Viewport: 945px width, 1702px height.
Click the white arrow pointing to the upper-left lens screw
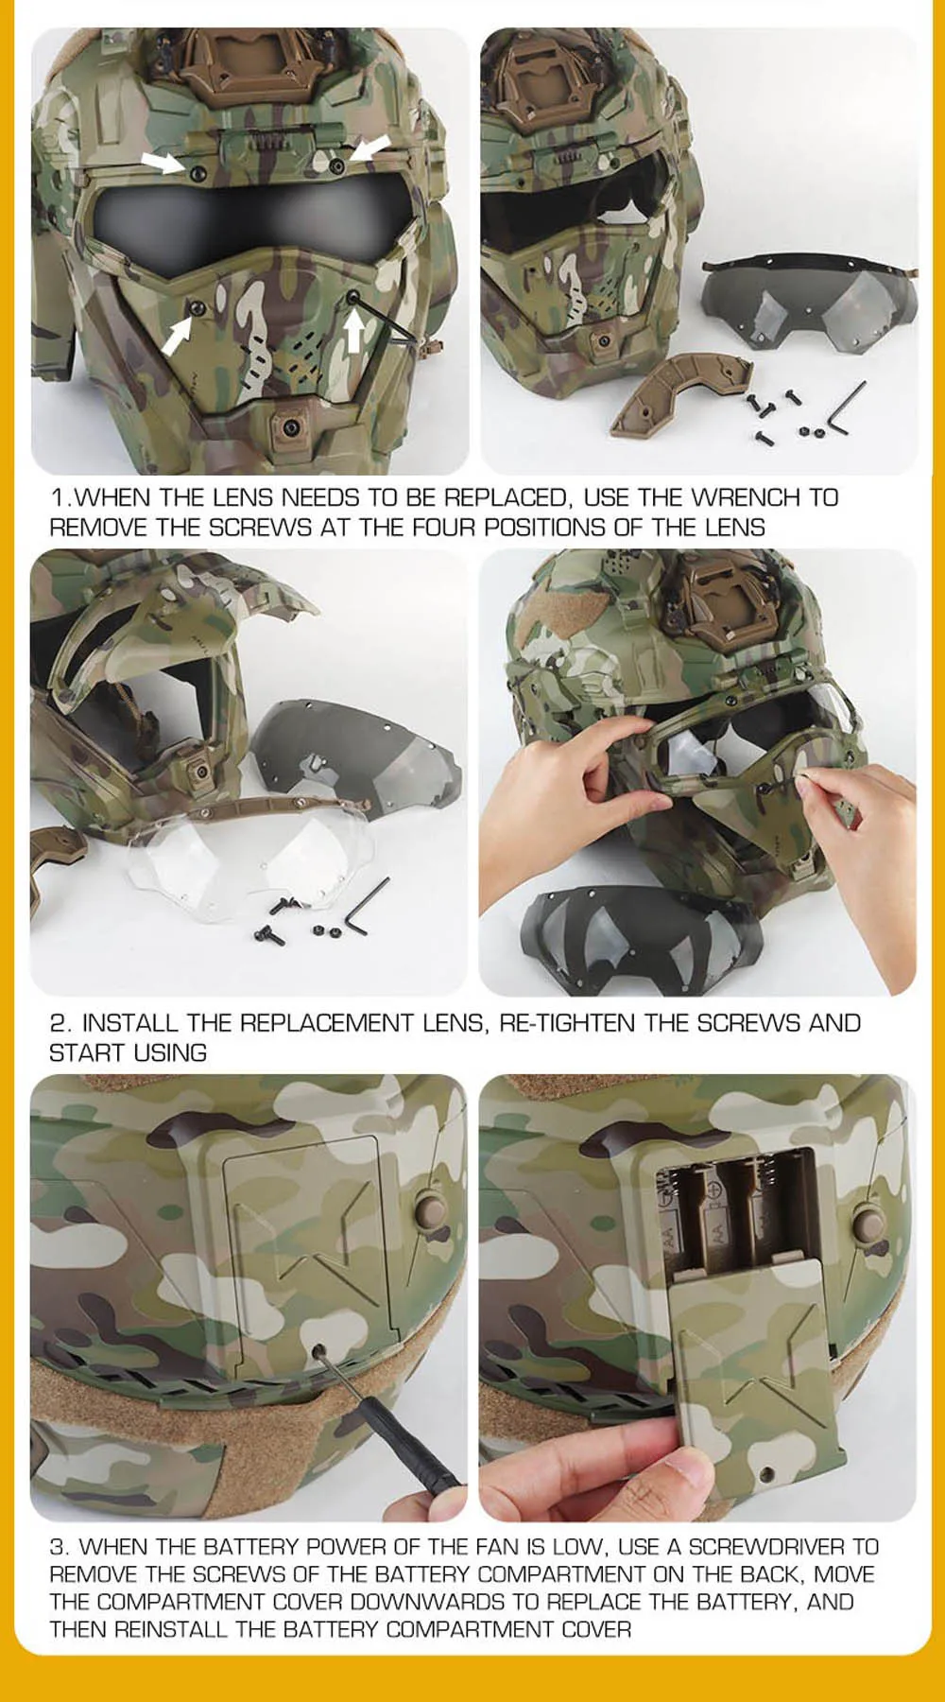[163, 162]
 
